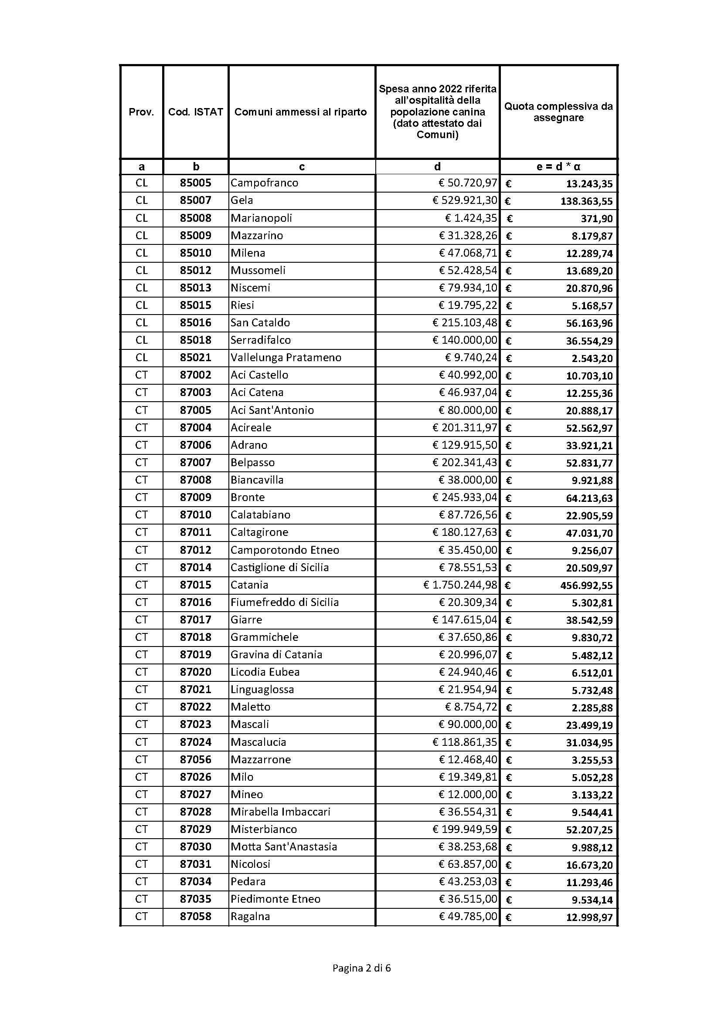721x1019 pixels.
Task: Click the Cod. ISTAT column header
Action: [x=195, y=112]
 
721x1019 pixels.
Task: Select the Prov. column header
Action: [x=141, y=112]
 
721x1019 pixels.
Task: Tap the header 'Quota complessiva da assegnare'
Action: [x=558, y=112]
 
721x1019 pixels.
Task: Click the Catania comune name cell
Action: [x=249, y=585]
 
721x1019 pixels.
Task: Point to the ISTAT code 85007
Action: [x=195, y=200]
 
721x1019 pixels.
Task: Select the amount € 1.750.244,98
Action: [x=460, y=585]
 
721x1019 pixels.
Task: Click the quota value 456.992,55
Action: [x=586, y=586]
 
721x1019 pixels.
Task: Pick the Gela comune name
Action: [x=242, y=200]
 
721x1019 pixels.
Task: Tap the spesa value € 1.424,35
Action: [x=471, y=218]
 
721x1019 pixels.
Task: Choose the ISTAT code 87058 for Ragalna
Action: [x=195, y=916]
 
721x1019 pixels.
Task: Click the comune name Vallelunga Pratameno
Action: [x=286, y=357]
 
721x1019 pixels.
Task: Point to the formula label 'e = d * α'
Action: [x=558, y=167]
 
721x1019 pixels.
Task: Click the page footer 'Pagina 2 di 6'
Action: [x=361, y=968]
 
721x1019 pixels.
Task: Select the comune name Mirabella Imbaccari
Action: [x=281, y=812]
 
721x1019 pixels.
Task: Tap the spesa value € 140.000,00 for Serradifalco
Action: [x=465, y=340]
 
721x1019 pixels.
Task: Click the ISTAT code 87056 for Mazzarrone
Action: [x=195, y=759]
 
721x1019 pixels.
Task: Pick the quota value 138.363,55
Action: [x=586, y=201]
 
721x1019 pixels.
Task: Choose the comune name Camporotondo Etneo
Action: [x=285, y=550]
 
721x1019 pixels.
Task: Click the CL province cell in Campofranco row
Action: [x=141, y=183]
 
